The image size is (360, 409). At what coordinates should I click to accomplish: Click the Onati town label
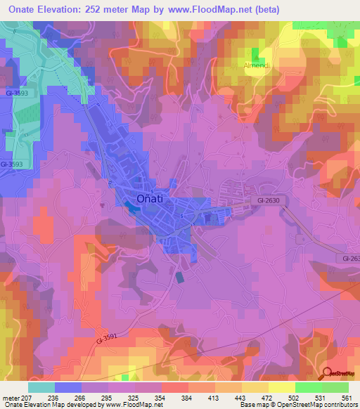coord(149,199)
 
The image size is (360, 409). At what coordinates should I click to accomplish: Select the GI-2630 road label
coord(264,200)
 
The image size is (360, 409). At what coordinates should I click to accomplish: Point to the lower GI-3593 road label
coord(12,164)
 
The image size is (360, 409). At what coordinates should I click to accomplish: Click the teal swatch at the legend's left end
coord(41,387)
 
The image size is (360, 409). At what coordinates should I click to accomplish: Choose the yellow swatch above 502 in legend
coord(281,387)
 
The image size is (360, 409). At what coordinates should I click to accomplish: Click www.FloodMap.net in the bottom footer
coord(131,405)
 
